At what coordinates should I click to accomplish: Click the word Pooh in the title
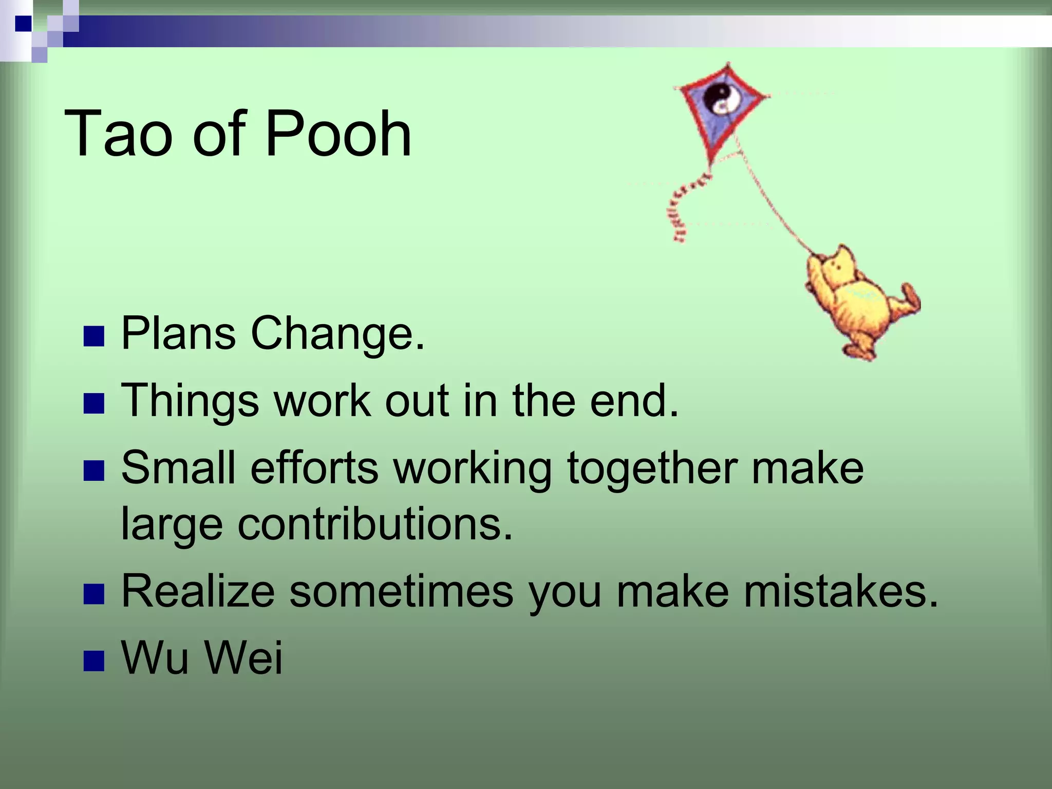coord(338,134)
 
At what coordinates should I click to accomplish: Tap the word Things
coord(190,401)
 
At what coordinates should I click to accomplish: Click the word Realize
coord(198,591)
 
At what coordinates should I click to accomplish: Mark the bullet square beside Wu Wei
coord(93,661)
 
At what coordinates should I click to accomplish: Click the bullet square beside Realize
coord(93,594)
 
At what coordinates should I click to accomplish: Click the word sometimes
coord(401,591)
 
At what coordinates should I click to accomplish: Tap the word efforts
coord(314,467)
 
